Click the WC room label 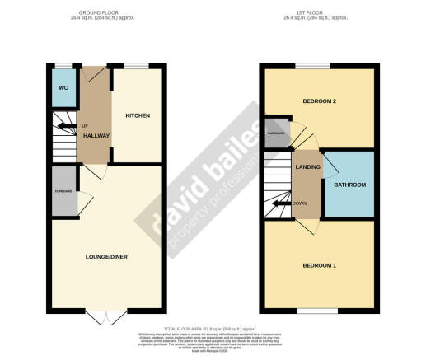pyautogui.click(x=63, y=87)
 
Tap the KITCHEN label pyautogui.click(x=137, y=115)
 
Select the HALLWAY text pyautogui.click(x=96, y=136)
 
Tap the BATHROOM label pyautogui.click(x=349, y=185)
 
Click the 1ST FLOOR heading pyautogui.click(x=320, y=12)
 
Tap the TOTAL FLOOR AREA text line pyautogui.click(x=213, y=327)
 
